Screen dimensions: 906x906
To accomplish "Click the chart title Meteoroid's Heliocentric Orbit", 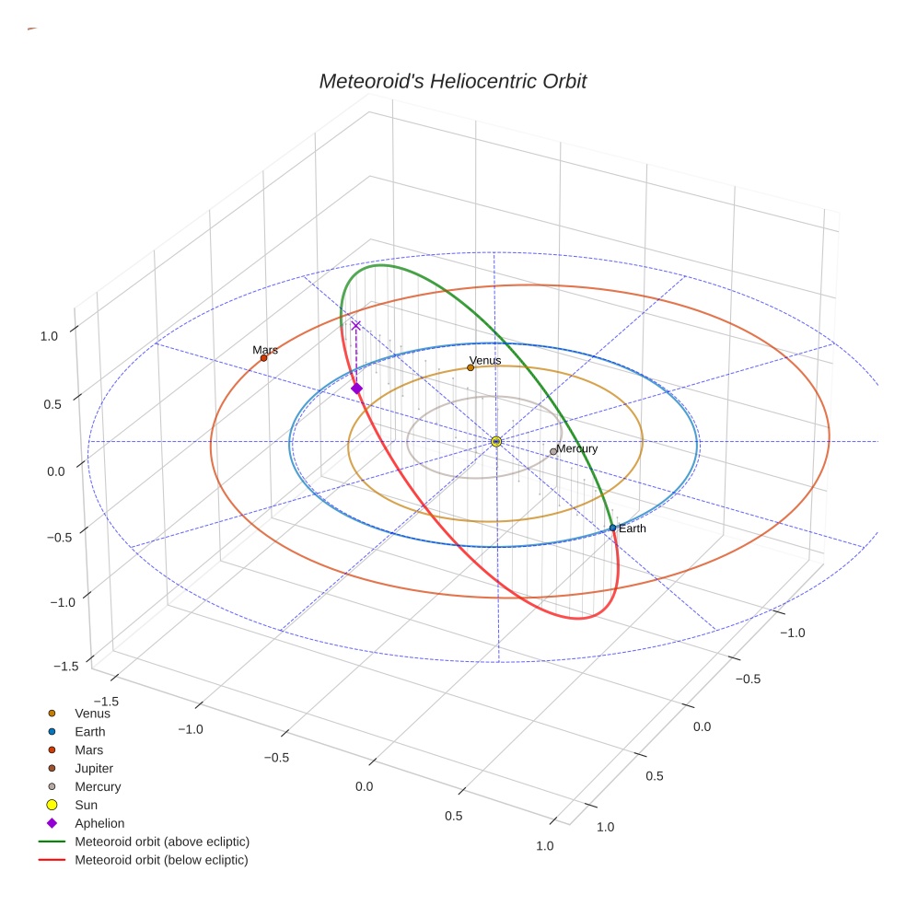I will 452,81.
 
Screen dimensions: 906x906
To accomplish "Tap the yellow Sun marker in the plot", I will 496,442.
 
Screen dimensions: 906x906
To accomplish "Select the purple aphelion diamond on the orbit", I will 356,389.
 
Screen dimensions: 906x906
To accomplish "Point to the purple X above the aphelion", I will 356,325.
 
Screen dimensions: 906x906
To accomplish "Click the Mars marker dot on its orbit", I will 263,358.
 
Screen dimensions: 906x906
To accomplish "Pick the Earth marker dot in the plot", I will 612,528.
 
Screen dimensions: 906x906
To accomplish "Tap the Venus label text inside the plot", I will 485,360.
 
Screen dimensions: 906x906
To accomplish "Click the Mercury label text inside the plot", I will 577,448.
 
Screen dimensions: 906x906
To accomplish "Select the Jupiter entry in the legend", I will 94,768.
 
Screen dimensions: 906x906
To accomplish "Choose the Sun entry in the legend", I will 86,805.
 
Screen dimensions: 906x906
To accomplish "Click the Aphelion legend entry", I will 99,823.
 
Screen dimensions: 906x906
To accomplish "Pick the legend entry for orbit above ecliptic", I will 162,842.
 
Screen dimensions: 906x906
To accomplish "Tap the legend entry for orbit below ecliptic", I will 161,860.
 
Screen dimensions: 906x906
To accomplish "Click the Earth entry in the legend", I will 90,731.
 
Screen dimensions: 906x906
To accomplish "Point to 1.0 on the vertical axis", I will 49,336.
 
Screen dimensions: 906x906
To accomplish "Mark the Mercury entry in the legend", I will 98,786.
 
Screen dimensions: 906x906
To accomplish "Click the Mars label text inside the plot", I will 265,350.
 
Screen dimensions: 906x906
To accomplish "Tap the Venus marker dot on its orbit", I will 470,367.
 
